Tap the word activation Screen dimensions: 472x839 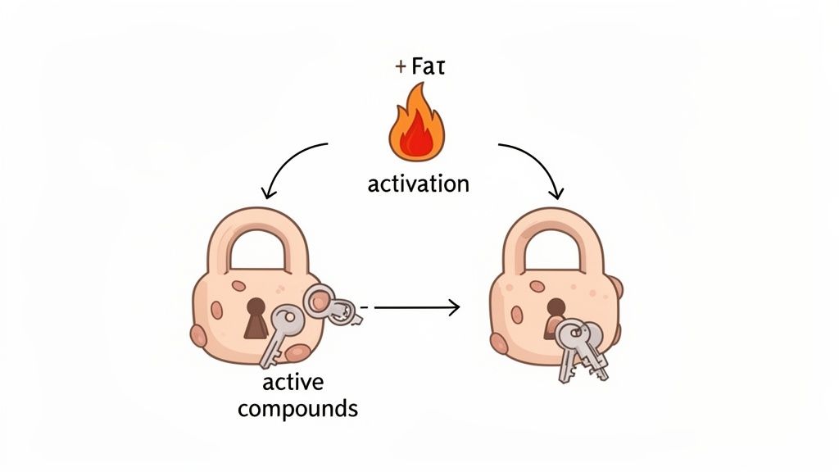418,183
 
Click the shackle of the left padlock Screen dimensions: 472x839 255,238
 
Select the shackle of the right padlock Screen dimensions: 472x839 553,238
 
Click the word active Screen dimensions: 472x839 293,383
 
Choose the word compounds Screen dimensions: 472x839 297,407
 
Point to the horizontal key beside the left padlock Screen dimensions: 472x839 331,304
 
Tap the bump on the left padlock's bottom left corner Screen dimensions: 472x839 197,334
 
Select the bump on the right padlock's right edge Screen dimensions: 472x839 616,288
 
